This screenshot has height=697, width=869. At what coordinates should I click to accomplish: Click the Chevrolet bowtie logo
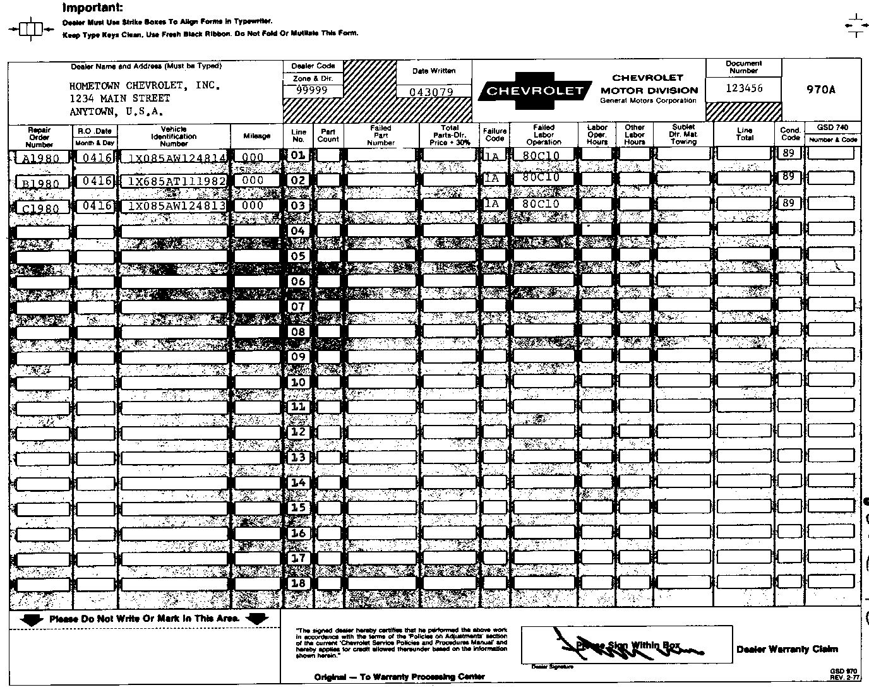click(535, 91)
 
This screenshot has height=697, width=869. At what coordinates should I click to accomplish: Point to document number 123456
click(744, 88)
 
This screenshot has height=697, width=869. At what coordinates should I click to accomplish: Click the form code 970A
click(821, 90)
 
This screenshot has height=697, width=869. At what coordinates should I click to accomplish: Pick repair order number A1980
click(40, 158)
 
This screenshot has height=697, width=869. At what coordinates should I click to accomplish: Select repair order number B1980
click(40, 183)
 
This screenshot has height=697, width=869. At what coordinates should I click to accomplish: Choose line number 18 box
click(298, 583)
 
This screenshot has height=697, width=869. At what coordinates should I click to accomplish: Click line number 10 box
click(298, 382)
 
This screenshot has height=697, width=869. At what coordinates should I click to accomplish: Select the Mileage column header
click(256, 136)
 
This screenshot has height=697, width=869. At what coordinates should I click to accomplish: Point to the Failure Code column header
click(494, 135)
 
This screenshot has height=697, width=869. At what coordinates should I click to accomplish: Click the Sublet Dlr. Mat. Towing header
click(683, 134)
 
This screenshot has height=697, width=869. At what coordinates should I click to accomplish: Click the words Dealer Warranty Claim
click(787, 649)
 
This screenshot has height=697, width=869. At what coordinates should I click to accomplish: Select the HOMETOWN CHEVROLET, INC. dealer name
click(145, 85)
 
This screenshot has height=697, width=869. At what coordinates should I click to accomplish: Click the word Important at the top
click(93, 8)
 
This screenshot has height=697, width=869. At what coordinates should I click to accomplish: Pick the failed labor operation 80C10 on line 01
click(544, 154)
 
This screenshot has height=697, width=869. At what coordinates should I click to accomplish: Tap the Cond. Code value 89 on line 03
click(788, 203)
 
